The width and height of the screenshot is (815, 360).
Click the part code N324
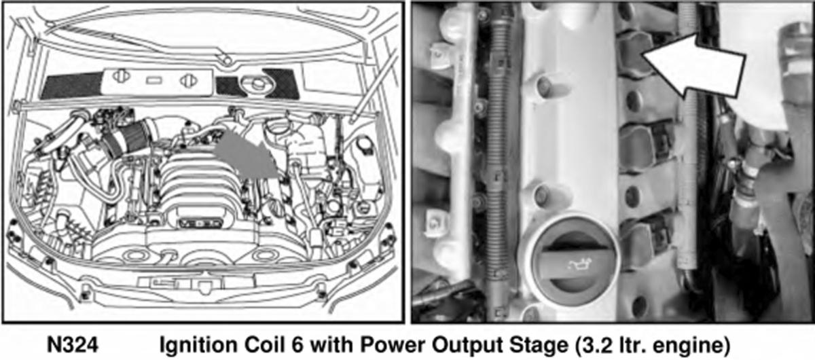73,344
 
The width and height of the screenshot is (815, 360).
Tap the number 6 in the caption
297,344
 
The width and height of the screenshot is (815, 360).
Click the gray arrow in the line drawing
247,156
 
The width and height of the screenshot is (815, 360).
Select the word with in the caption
332,344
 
